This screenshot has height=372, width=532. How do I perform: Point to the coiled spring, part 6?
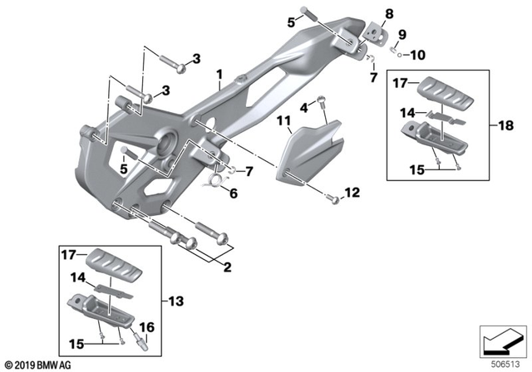pyautogui.click(x=217, y=177)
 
